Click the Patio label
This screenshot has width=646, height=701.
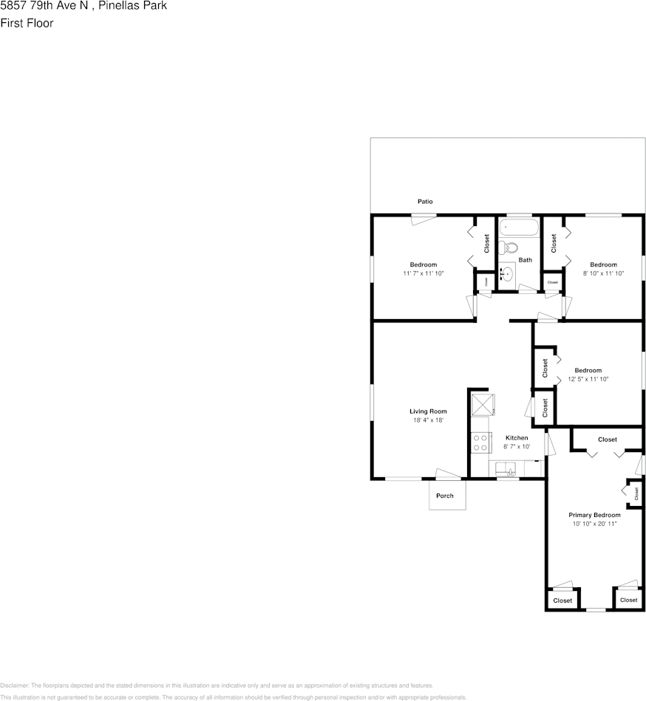coord(425,202)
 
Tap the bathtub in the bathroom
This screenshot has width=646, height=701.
coord(519,227)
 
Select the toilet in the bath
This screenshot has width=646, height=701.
coord(508,247)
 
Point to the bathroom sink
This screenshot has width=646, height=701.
coord(506,274)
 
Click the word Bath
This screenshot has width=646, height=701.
coord(525,260)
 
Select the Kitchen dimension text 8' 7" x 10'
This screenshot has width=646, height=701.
coord(517,447)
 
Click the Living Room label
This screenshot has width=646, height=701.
coord(428,411)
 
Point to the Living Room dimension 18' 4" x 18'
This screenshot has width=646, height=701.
coord(428,421)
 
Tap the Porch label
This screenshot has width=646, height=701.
coord(445,496)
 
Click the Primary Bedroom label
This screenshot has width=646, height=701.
coord(594,515)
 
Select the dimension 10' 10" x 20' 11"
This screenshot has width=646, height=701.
coord(594,524)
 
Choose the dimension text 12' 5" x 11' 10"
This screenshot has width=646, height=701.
coord(588,380)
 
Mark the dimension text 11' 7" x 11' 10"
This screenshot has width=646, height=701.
coord(424,274)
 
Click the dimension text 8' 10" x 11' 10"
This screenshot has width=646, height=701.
coord(603,274)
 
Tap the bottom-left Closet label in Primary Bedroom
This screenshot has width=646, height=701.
coord(563,601)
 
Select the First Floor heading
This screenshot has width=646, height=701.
coord(27,23)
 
